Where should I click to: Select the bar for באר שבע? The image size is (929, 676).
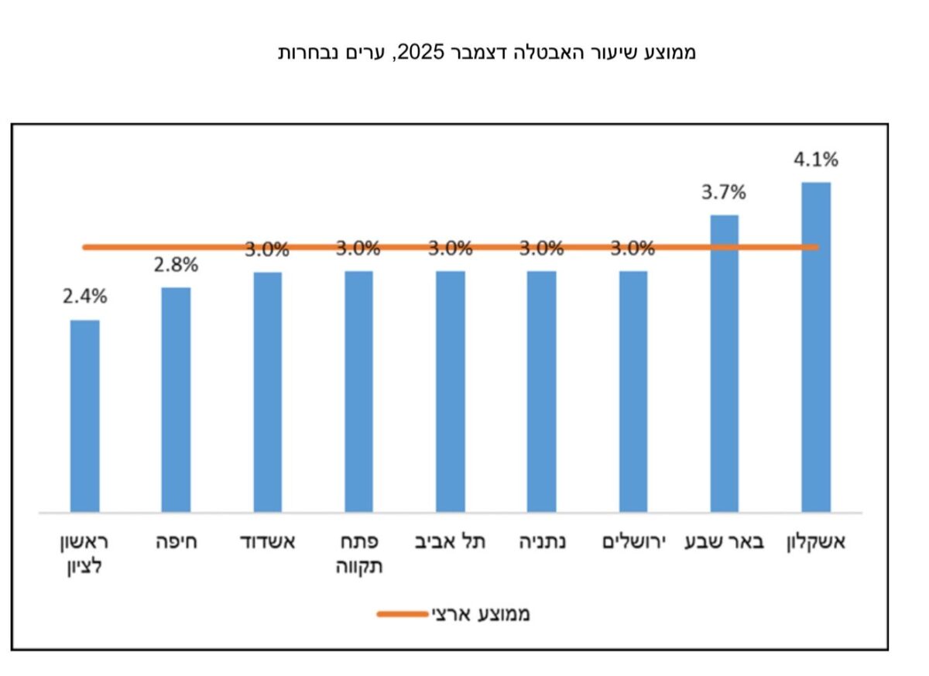pos(724,363)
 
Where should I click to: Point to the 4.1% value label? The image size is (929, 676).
pos(816,160)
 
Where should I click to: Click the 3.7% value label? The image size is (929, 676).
pos(724,193)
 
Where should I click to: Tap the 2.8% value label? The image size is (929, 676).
pos(176,264)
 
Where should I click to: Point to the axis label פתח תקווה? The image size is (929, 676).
pos(358,554)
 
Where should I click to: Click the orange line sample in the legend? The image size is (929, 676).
pos(402,614)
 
